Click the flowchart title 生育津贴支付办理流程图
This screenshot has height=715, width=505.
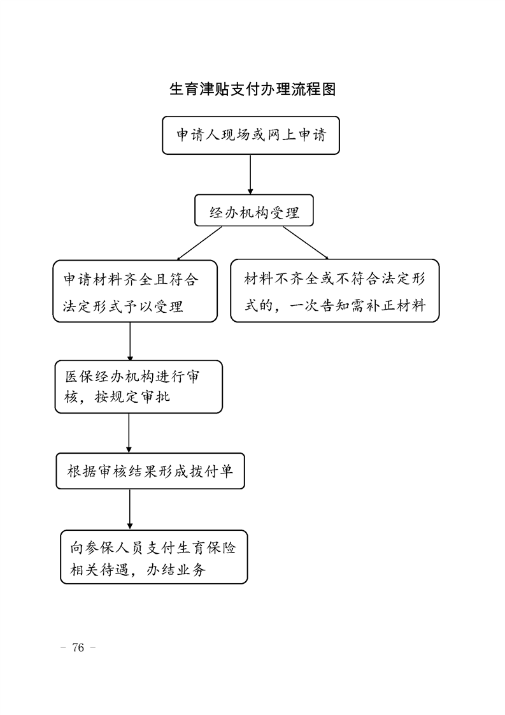click(252, 89)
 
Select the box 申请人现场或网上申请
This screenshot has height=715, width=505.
click(251, 136)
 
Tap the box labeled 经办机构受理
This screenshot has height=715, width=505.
click(254, 210)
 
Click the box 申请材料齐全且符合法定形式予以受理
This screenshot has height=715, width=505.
click(135, 291)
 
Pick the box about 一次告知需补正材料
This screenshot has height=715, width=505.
click(335, 291)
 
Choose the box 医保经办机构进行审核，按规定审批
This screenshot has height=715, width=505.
click(139, 387)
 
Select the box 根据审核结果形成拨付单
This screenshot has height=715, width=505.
click(150, 471)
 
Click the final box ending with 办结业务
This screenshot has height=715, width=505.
click(154, 557)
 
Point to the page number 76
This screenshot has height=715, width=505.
click(78, 647)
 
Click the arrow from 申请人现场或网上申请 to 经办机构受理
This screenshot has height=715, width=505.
click(250, 175)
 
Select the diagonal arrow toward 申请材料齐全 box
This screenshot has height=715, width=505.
click(199, 243)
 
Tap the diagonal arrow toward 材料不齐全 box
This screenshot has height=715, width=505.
click(306, 243)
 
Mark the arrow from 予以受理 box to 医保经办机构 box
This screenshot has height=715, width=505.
click(130, 342)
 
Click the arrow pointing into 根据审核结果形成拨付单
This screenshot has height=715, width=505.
click(129, 433)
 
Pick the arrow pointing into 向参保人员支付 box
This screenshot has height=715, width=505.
click(130, 510)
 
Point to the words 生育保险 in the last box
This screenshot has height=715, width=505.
click(206, 547)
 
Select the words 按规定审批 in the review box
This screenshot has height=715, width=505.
click(132, 397)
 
